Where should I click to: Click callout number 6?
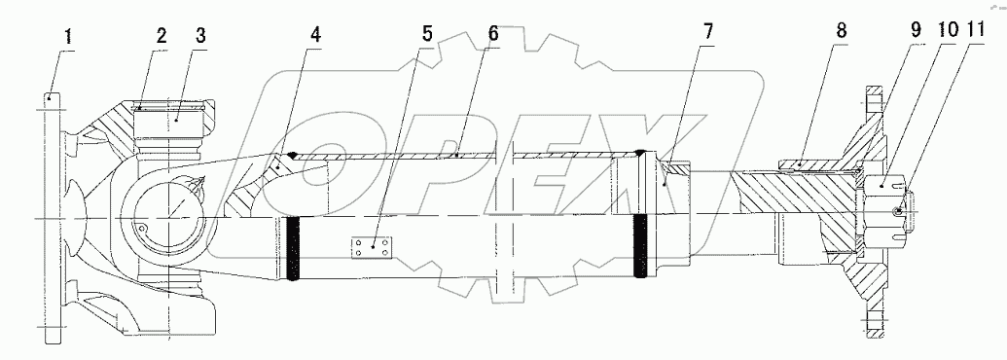(493, 32)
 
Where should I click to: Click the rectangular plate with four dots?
(371, 248)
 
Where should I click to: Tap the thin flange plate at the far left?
(54, 219)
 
